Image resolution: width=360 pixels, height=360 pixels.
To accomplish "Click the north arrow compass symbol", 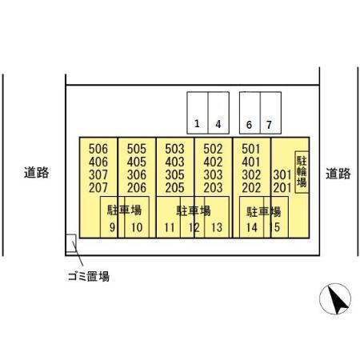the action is point(335,298).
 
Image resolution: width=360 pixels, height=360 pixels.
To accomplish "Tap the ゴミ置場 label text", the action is point(89,277).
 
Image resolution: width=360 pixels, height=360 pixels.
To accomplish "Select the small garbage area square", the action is point(71,243).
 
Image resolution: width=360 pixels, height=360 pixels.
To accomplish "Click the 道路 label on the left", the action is point(36,172).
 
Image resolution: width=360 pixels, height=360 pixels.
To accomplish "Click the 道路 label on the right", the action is point(338,174).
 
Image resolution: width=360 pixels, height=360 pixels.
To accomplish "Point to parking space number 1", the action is point(198,113).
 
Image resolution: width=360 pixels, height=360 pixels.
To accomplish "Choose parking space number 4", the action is point(218,113).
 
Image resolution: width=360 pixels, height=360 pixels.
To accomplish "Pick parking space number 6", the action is point(250,113).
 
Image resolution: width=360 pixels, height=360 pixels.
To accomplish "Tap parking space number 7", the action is point(270,113).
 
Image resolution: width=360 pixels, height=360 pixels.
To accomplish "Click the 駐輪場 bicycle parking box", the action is point(302,172).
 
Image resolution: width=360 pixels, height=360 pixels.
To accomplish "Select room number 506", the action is point(98,149).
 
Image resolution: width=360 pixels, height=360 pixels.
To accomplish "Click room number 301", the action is point(282,175).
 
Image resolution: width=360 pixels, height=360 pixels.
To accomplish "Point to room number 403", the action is point(174,162).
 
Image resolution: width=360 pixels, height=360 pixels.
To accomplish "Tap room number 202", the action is point(251,188).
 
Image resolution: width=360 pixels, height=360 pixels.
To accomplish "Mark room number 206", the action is point(137,188).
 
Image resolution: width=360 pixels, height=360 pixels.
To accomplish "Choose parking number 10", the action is point(137,227).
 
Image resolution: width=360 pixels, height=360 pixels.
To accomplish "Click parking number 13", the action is point(217,227).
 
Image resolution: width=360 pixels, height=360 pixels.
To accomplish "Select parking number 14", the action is point(252,227).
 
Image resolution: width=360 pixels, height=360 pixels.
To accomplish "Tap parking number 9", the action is point(112,227).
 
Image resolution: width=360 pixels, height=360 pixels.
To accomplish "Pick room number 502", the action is point(213,149).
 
